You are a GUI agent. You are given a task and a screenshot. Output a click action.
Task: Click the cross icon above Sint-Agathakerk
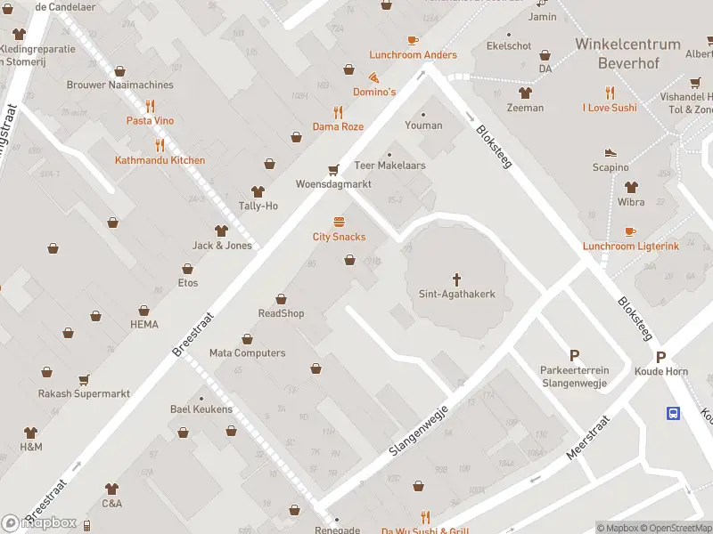click(456, 279)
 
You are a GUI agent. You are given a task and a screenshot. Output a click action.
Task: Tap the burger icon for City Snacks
click(339, 222)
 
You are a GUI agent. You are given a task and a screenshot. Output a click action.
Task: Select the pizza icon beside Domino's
click(373, 77)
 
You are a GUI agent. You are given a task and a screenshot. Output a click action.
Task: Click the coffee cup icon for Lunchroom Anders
click(413, 40)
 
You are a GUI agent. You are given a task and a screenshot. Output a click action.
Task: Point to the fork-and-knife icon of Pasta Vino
click(150, 106)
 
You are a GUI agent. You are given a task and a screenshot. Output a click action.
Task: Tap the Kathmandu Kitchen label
click(160, 160)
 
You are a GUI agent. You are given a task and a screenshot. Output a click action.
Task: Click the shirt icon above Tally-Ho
click(258, 191)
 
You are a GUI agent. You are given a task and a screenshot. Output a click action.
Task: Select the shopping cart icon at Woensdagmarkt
click(334, 169)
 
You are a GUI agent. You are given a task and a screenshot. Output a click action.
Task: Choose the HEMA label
click(144, 324)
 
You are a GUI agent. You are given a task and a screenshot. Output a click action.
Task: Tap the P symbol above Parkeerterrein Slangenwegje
click(574, 355)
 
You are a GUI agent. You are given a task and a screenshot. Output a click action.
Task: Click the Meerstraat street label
click(587, 437)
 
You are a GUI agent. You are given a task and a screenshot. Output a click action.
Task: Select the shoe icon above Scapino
click(611, 152)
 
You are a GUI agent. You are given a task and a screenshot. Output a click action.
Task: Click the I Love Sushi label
click(610, 108)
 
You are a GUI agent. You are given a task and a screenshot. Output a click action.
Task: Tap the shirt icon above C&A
click(111, 489)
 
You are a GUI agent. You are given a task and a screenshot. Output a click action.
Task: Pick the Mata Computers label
click(247, 352)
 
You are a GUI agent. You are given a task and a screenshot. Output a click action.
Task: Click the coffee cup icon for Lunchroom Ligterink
click(631, 231)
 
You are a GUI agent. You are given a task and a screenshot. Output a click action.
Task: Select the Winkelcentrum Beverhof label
click(627, 52)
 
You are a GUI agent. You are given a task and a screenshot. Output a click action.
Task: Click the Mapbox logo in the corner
click(39, 522)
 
